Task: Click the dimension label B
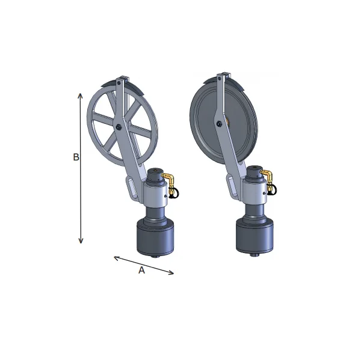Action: click(76, 157)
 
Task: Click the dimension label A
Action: click(141, 270)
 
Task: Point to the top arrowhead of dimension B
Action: click(80, 96)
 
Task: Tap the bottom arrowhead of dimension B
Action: click(81, 240)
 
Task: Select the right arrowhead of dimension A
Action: click(171, 273)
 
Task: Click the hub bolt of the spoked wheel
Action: click(119, 127)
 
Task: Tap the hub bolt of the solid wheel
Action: click(218, 124)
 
